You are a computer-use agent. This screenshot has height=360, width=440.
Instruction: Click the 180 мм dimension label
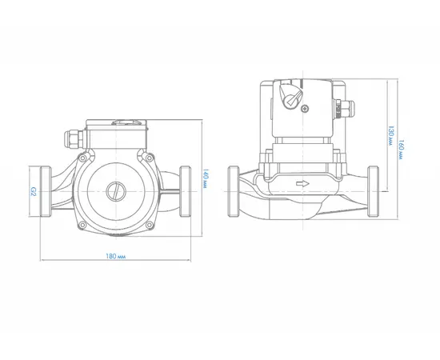pos(116,257)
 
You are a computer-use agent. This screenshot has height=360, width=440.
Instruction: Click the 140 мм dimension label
pos(205,178)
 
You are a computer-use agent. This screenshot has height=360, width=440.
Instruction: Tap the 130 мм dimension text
pos(390,135)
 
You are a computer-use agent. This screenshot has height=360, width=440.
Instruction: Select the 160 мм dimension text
pos(402,150)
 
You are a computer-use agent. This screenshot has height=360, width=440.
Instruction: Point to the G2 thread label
pos(33,192)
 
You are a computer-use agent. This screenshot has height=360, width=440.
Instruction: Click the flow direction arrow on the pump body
pos(302,184)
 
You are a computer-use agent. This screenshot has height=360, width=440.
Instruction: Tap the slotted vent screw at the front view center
pos(116,191)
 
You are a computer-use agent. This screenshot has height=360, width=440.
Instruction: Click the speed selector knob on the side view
pos(290,96)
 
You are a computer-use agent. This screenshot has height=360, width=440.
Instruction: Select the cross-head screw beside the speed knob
pos(305,108)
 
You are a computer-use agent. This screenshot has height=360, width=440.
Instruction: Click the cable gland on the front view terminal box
pos(74,138)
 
